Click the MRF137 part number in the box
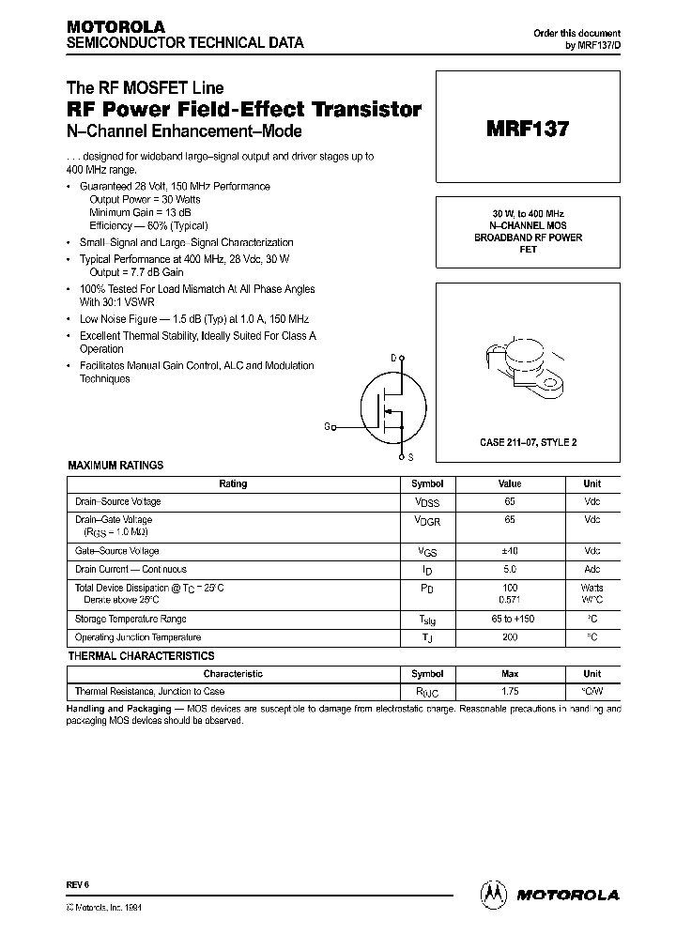pyautogui.click(x=527, y=130)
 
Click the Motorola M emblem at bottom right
pyautogui.click(x=493, y=895)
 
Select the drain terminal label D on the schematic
pyautogui.click(x=392, y=358)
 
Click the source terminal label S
pyautogui.click(x=410, y=457)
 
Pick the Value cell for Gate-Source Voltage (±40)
pyautogui.click(x=510, y=551)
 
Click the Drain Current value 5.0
pyautogui.click(x=510, y=569)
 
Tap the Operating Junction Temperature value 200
pyautogui.click(x=510, y=637)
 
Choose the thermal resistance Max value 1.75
pyautogui.click(x=510, y=692)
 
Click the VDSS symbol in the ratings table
pyautogui.click(x=427, y=502)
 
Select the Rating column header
pyautogui.click(x=233, y=484)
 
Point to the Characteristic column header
pyautogui.click(x=233, y=674)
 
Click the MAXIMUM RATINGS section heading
pyautogui.click(x=115, y=466)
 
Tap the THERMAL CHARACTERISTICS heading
pyautogui.click(x=141, y=656)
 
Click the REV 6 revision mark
pyautogui.click(x=77, y=884)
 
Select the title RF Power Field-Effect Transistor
pyautogui.click(x=244, y=110)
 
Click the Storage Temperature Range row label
pyautogui.click(x=131, y=619)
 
